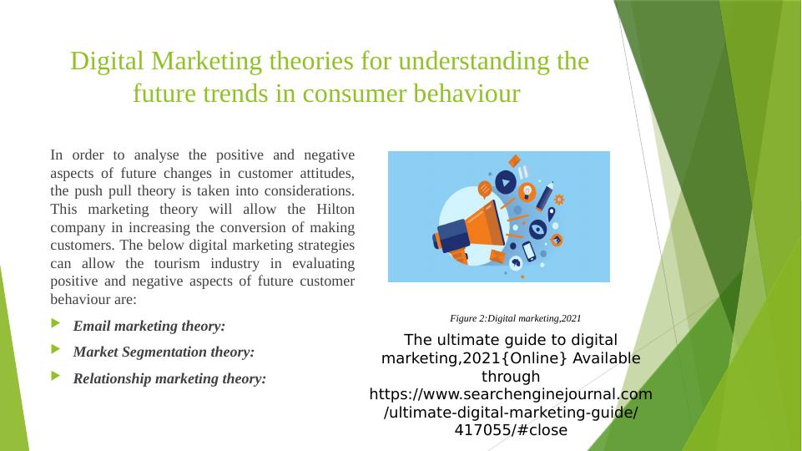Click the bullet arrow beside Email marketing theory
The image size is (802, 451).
[56, 324]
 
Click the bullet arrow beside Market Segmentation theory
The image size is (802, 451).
[56, 350]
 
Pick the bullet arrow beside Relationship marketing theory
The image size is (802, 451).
[56, 377]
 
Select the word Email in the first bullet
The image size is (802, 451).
[92, 326]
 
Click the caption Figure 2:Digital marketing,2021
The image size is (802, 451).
[515, 318]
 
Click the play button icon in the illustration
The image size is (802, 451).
[505, 181]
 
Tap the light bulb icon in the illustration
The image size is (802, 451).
[528, 192]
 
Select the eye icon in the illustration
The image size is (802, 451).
[538, 228]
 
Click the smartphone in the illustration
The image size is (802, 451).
[529, 251]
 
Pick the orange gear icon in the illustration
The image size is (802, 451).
[559, 200]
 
